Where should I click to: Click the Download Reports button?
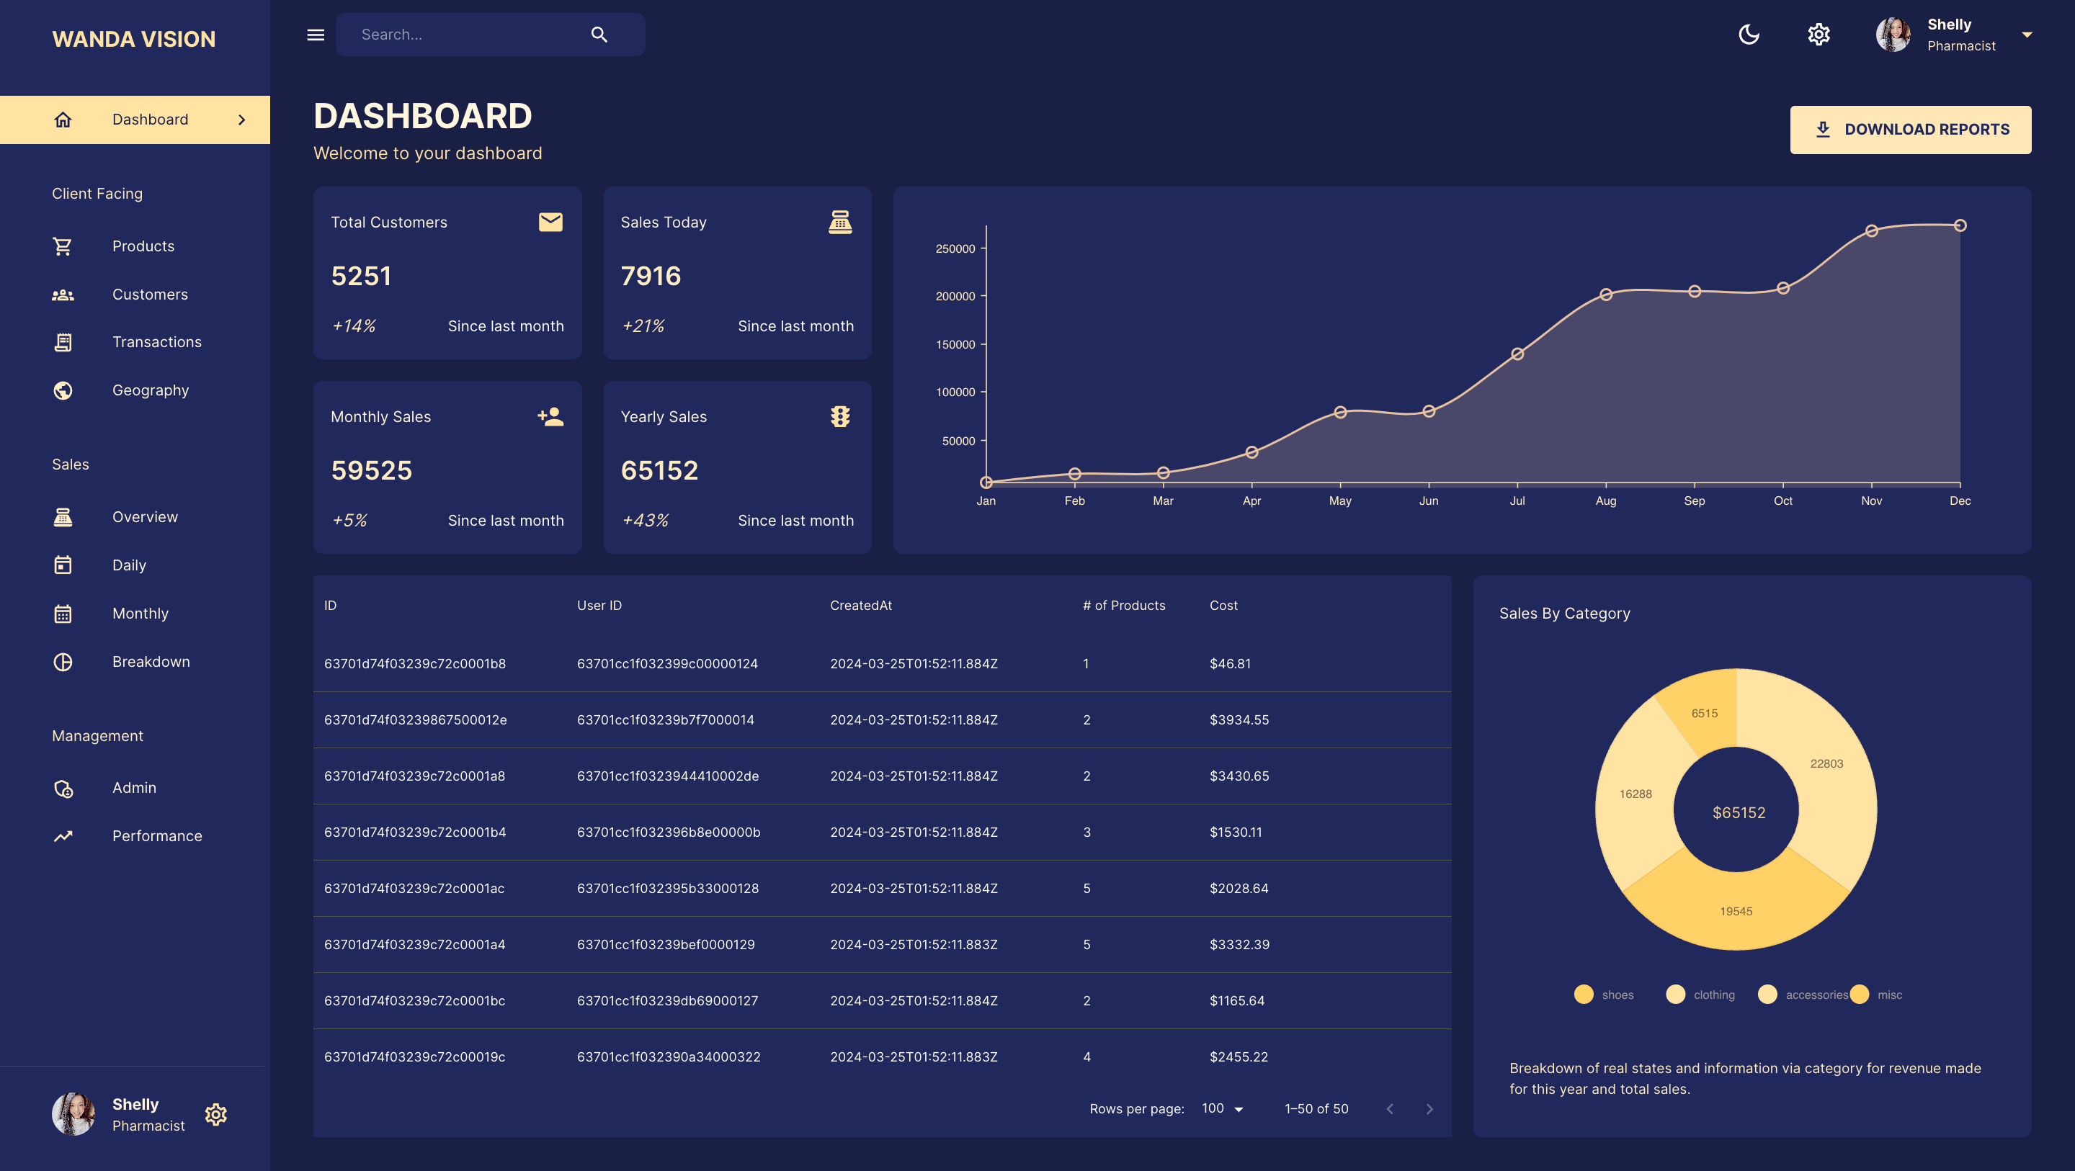click(1910, 130)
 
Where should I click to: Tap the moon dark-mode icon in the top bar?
click(1749, 35)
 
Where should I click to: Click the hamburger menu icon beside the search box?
click(316, 35)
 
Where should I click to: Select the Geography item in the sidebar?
click(150, 390)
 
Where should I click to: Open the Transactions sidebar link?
click(156, 342)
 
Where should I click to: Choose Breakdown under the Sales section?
click(151, 662)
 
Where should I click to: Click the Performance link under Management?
click(156, 836)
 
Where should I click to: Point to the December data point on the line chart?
click(1960, 225)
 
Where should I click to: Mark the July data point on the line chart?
click(1517, 354)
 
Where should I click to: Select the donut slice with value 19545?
click(1736, 912)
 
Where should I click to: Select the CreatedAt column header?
click(860, 606)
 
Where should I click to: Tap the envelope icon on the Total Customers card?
click(550, 223)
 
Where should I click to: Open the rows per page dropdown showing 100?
click(1222, 1109)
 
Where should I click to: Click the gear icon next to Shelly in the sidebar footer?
click(216, 1115)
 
